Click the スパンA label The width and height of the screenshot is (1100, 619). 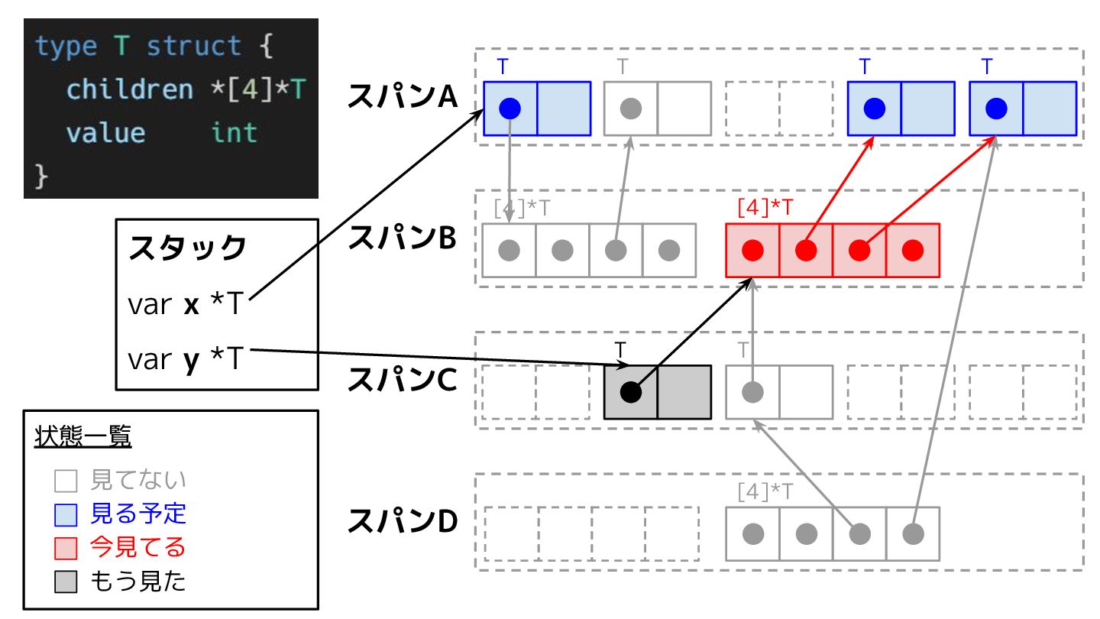pyautogui.click(x=402, y=97)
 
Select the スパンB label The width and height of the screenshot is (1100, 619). pyautogui.click(x=402, y=238)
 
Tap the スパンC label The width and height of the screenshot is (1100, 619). pyautogui.click(x=402, y=380)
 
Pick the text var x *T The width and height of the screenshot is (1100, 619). pyautogui.click(x=185, y=305)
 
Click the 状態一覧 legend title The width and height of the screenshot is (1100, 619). pyautogui.click(x=83, y=438)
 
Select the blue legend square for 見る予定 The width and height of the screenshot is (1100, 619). pyautogui.click(x=66, y=514)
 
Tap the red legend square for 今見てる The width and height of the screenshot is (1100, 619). pyautogui.click(x=66, y=548)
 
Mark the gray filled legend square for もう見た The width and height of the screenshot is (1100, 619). pyautogui.click(x=66, y=582)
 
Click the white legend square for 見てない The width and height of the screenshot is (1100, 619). pyautogui.click(x=66, y=481)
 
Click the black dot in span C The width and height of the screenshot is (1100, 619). pyautogui.click(x=630, y=392)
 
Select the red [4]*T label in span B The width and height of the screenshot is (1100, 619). pyautogui.click(x=765, y=207)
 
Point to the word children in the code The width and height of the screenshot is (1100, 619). pyautogui.click(x=130, y=89)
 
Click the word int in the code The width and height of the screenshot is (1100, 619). pyautogui.click(x=234, y=133)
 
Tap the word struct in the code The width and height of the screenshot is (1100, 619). pyautogui.click(x=194, y=47)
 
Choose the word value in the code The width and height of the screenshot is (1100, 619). pyautogui.click(x=105, y=133)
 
